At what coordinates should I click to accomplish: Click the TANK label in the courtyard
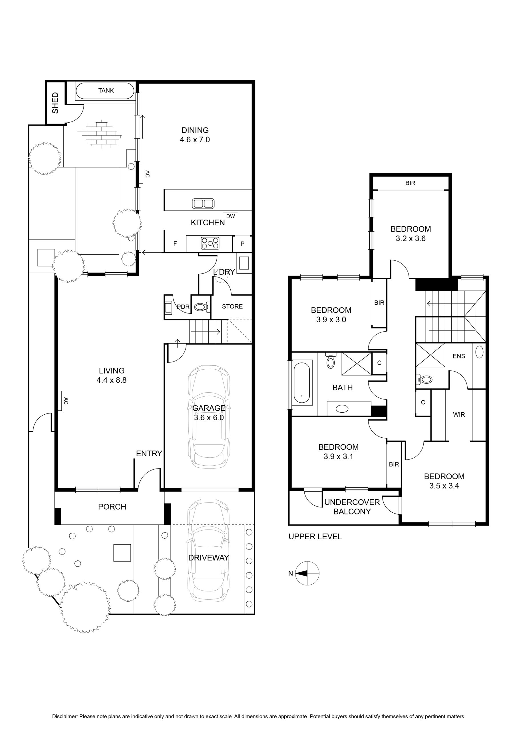106,91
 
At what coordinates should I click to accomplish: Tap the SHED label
55,103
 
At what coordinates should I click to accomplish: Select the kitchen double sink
203,204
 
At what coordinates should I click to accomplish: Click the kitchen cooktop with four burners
210,244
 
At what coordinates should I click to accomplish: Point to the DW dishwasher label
230,216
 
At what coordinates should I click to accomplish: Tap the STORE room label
232,307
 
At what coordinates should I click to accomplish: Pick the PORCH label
112,507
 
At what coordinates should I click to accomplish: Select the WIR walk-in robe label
459,415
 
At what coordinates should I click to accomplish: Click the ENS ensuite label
459,356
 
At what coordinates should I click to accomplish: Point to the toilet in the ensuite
424,379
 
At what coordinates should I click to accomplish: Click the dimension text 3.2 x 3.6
411,238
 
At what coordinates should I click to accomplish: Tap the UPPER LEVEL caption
315,537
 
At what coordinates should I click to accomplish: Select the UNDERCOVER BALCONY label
352,507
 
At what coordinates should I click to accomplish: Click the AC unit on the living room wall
60,401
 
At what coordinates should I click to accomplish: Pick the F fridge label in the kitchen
175,244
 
